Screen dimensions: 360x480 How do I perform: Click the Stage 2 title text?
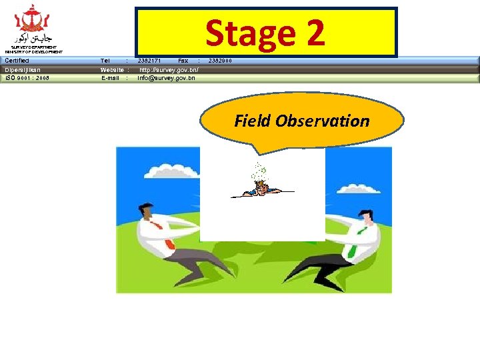265,33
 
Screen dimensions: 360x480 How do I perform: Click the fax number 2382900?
221,61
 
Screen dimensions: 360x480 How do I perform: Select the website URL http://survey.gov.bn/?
169,69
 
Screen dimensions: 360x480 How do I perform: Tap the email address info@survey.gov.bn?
166,78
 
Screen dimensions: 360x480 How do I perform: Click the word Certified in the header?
17,61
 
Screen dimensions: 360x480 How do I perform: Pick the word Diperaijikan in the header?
23,69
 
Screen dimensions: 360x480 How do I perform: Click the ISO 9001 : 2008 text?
27,78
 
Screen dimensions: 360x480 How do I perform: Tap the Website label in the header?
112,69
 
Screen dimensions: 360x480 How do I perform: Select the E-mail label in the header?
111,78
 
